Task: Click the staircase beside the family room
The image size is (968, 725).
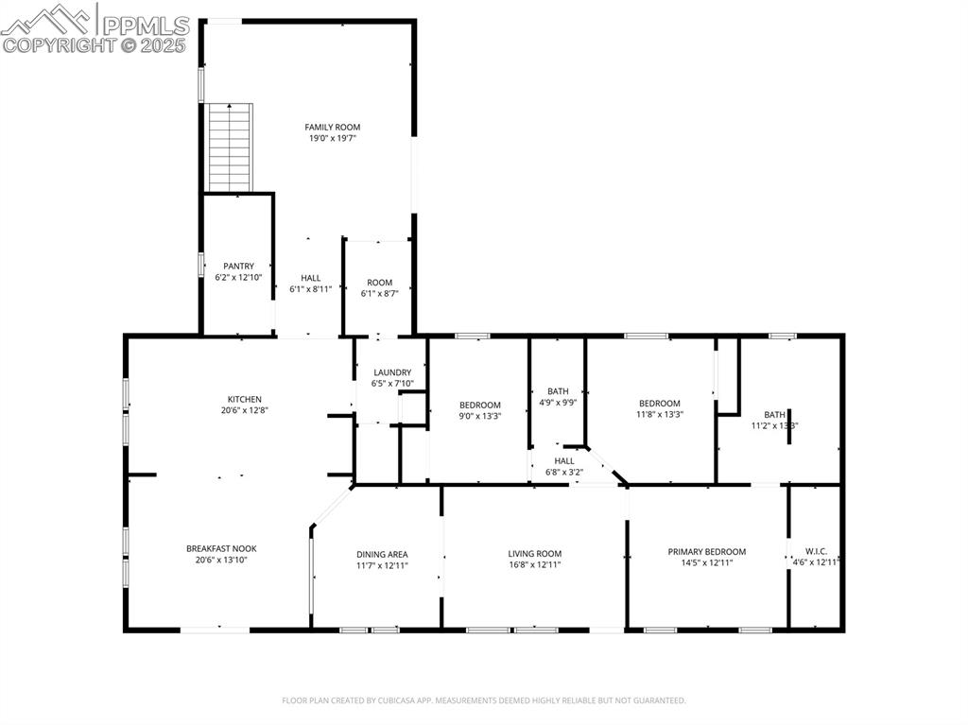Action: (231, 147)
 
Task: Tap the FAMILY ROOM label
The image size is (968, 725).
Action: (332, 127)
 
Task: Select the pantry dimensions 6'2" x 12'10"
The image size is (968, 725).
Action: (238, 277)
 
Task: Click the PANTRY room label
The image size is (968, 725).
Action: (238, 266)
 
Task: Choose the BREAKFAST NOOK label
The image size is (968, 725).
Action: (221, 548)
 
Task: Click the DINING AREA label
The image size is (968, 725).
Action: (382, 554)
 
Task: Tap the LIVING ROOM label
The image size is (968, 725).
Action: (535, 554)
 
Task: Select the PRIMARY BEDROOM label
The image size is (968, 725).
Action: (707, 552)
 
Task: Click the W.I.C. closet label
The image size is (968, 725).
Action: (816, 552)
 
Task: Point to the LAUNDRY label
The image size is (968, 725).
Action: (392, 372)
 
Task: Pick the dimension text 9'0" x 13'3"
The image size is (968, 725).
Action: (480, 415)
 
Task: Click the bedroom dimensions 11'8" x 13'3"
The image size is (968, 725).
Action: (659, 413)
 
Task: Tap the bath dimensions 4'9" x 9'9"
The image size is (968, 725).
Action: (558, 402)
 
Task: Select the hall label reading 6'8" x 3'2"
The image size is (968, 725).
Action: (564, 472)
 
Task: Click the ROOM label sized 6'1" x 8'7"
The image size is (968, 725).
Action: (380, 283)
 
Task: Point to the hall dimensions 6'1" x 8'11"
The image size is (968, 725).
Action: (310, 289)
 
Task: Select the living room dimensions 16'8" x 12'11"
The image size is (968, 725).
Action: (535, 564)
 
